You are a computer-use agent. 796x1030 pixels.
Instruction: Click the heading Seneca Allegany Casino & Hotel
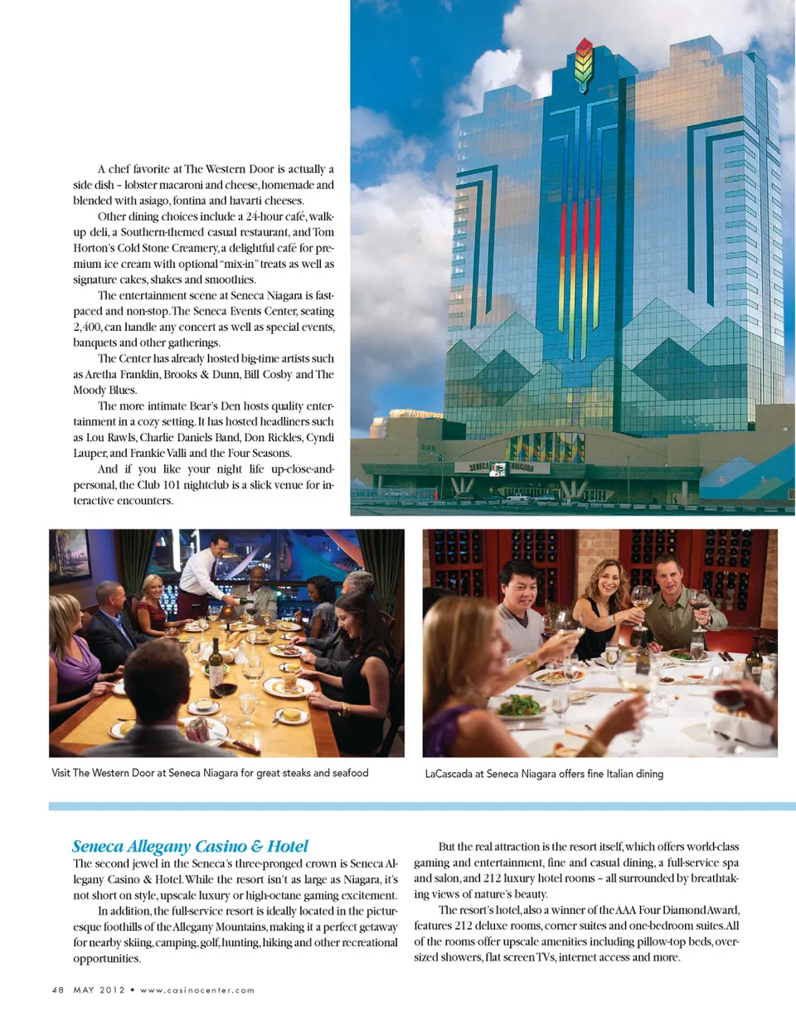190,846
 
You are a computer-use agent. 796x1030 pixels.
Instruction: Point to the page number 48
57,989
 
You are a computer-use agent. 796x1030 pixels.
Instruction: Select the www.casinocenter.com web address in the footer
197,989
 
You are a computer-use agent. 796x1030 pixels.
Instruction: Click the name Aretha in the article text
101,374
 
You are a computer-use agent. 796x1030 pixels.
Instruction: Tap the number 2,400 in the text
87,327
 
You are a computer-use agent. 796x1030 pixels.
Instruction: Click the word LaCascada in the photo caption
448,774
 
